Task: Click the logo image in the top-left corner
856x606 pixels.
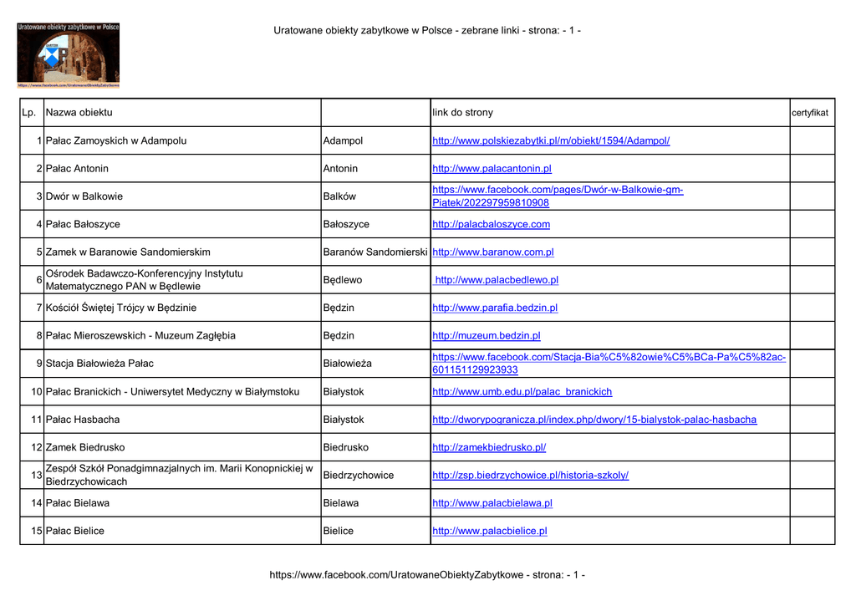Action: (68, 54)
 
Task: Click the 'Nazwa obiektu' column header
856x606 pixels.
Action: (79, 113)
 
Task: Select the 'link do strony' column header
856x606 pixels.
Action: (463, 113)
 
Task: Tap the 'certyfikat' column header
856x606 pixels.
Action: (810, 113)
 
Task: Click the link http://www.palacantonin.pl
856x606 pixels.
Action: (492, 169)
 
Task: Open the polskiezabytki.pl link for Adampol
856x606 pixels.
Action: (551, 140)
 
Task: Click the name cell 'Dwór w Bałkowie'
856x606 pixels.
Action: (84, 196)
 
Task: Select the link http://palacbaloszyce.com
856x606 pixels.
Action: (491, 224)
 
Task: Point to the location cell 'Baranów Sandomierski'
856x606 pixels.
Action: (375, 252)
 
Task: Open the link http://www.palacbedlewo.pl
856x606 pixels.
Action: (497, 280)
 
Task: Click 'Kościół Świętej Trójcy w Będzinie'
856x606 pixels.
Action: (121, 308)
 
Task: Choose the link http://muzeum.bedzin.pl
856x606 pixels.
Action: (486, 336)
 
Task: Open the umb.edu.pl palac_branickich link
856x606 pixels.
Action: (522, 391)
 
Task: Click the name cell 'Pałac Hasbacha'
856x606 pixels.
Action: (83, 420)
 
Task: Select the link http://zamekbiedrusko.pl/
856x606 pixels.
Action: (489, 447)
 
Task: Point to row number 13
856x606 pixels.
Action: (36, 475)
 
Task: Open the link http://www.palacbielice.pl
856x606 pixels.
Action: (490, 531)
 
